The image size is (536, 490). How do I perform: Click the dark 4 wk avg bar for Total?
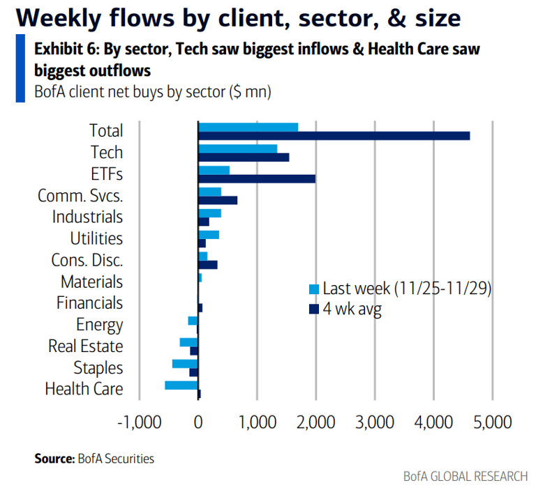[334, 136]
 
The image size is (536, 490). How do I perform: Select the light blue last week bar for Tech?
[237, 148]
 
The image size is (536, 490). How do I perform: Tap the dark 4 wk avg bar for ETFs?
[257, 179]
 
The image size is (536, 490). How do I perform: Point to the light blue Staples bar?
[185, 364]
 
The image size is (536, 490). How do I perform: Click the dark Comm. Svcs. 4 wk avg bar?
[218, 201]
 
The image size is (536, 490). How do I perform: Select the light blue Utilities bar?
[209, 235]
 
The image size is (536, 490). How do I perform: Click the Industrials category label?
[87, 217]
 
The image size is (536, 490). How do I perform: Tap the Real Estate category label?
[85, 346]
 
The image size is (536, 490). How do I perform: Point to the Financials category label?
[89, 303]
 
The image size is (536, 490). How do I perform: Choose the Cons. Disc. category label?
[87, 260]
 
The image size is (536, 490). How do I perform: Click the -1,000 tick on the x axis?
[139, 422]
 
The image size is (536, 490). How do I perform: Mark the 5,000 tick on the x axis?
[493, 422]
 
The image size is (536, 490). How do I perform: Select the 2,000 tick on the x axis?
[316, 422]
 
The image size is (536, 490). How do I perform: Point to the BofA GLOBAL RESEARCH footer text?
[466, 477]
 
